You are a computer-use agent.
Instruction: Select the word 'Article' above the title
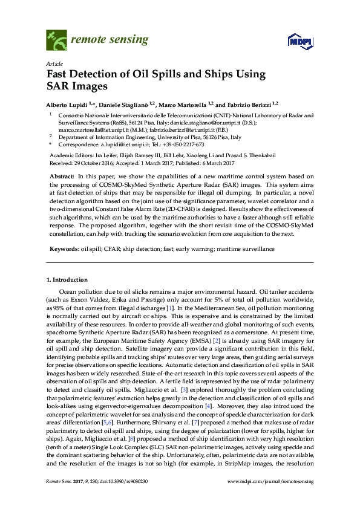53,63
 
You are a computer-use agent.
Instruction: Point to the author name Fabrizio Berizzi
249,104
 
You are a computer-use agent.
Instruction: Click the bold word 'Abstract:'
62,175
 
